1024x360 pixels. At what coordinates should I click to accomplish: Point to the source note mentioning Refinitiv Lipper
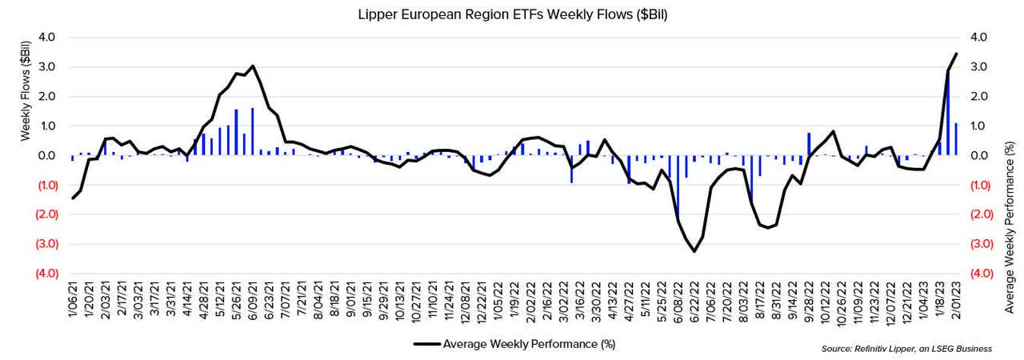906,349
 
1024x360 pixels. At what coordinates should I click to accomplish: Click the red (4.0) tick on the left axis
42,274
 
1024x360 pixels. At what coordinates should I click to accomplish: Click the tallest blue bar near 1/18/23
949,112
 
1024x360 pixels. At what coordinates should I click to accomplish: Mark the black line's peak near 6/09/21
253,66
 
